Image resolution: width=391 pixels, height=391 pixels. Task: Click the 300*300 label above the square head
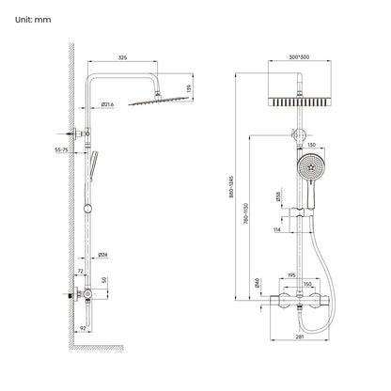[x=298, y=57]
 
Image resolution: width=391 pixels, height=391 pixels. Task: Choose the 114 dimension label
[x=278, y=228]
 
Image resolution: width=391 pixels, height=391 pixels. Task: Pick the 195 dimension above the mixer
[x=291, y=274]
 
